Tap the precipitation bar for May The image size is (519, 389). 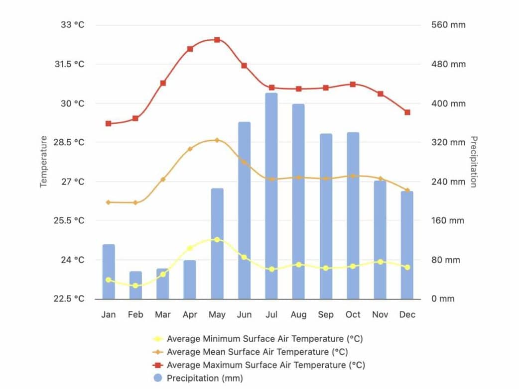[x=217, y=244]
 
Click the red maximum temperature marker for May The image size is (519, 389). [x=217, y=40]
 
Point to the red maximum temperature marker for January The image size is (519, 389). [x=109, y=123]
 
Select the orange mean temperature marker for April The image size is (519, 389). [x=190, y=149]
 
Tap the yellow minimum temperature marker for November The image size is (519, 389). [x=381, y=262]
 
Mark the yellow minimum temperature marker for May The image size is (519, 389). [x=217, y=240]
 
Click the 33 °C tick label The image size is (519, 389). [x=73, y=25]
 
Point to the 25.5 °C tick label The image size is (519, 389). [x=69, y=220]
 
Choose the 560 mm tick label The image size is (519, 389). [x=448, y=25]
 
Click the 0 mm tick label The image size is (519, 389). [x=443, y=299]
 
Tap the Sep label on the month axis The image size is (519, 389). [x=326, y=315]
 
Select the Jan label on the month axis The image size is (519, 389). [x=109, y=315]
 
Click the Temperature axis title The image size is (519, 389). [x=43, y=162]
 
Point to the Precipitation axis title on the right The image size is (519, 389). [x=474, y=162]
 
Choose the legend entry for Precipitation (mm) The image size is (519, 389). [x=205, y=378]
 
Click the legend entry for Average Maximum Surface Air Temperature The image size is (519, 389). [x=265, y=365]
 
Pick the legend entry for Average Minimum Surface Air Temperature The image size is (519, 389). [x=264, y=339]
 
